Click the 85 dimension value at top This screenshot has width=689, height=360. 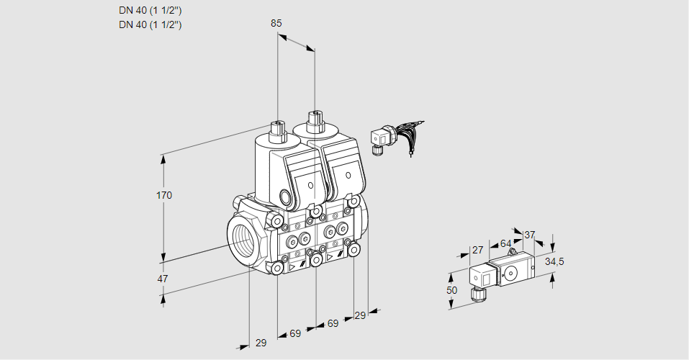(x=276, y=23)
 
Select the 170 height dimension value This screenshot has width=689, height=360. (x=165, y=196)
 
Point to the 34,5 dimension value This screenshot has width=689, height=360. (x=554, y=261)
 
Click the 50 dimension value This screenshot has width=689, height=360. (x=451, y=289)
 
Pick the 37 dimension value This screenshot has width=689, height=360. (x=530, y=235)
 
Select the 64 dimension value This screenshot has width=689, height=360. (x=505, y=243)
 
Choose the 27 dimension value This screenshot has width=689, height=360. (x=477, y=250)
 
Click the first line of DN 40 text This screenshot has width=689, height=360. (x=150, y=11)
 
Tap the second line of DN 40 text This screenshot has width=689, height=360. (x=150, y=24)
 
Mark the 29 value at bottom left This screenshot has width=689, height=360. (x=261, y=343)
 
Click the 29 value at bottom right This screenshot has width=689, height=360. (x=360, y=315)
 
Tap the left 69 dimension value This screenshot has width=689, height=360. (x=295, y=333)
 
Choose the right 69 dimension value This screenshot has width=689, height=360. (x=333, y=323)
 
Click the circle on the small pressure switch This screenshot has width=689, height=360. (x=511, y=272)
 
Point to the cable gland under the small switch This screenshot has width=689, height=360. (x=475, y=293)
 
